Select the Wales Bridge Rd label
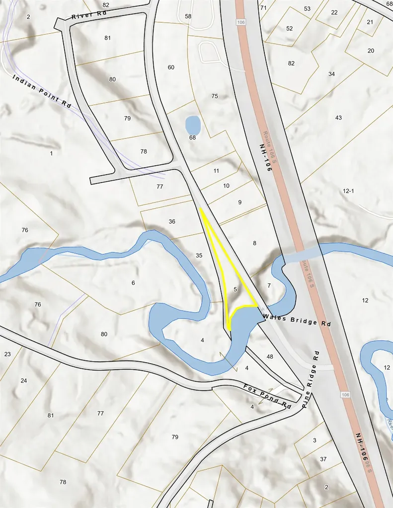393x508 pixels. tap(297, 319)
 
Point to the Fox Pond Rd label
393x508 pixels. tap(267, 395)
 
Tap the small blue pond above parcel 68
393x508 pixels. tap(192, 125)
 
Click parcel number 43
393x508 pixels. tap(338, 118)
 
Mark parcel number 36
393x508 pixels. tap(172, 221)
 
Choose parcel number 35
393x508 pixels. tap(199, 255)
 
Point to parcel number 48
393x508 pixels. tap(270, 357)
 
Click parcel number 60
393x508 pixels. tap(171, 67)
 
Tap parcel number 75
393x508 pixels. tap(215, 96)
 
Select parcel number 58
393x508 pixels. tap(188, 16)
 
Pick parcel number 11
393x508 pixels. tap(216, 171)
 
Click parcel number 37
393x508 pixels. tap(323, 459)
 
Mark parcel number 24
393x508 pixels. tap(23, 381)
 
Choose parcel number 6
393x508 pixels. tap(133, 283)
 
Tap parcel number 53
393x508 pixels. tap(307, 9)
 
